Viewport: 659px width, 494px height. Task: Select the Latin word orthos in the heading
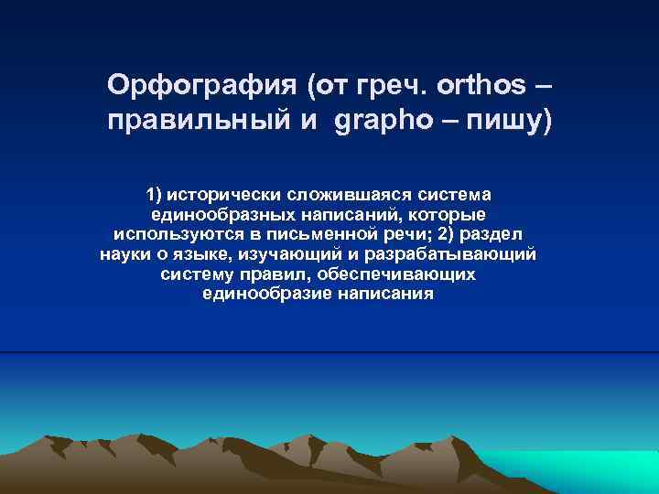482,85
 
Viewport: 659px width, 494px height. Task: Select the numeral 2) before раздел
450,233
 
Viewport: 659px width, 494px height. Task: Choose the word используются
169,233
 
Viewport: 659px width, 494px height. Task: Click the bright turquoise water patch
586,467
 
